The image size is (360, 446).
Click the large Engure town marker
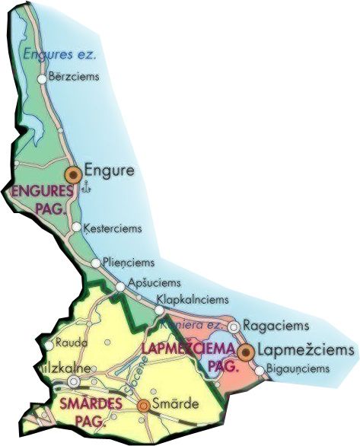(x=73, y=174)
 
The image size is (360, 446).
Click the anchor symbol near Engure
(x=85, y=188)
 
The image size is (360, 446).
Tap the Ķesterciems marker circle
(x=76, y=227)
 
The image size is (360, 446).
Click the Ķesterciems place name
(x=112, y=227)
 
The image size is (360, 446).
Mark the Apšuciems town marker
(x=120, y=286)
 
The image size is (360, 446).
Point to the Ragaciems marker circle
(x=234, y=326)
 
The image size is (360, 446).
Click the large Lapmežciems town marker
(x=245, y=352)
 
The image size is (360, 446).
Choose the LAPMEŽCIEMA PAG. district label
(x=180, y=357)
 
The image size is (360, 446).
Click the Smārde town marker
(x=143, y=406)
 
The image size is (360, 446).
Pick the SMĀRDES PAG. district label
(x=82, y=412)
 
